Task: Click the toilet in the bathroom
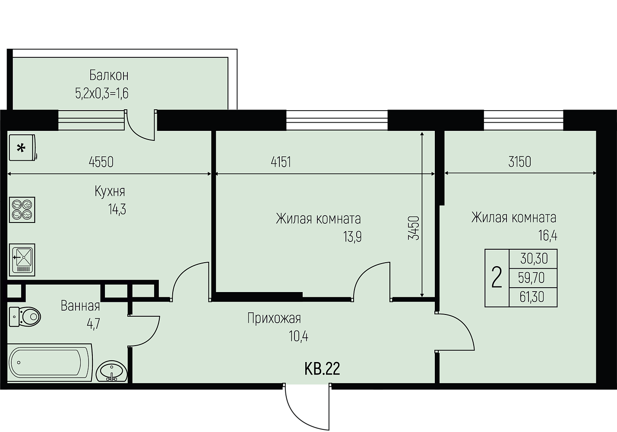pos(25,317)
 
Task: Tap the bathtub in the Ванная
pos(50,362)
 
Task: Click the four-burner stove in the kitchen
pos(22,210)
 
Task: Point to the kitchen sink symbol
pos(22,260)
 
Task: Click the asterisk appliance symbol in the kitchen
pos(22,147)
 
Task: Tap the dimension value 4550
pos(101,162)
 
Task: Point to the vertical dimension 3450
pos(414,228)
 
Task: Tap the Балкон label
pos(109,75)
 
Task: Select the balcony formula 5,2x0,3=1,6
pos(102,93)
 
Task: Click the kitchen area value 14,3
pos(117,210)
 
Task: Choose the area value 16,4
pos(548,236)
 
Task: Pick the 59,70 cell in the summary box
pos(532,278)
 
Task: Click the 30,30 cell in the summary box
pos(534,259)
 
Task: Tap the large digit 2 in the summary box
pos(497,278)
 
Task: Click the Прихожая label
pos(274,318)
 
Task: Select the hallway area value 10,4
pos(299,336)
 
